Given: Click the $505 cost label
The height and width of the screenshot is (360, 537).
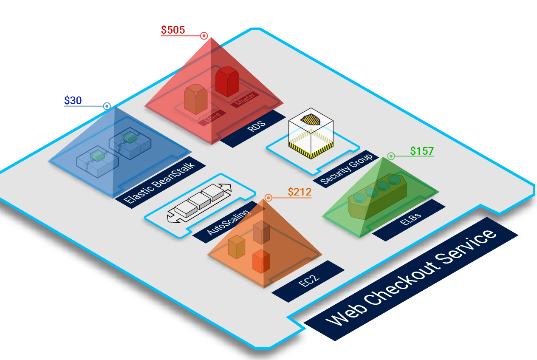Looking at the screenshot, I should click(x=173, y=30).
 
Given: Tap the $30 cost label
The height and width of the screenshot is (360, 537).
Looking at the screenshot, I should click(x=73, y=101).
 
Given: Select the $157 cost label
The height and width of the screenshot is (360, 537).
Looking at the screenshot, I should click(x=422, y=151).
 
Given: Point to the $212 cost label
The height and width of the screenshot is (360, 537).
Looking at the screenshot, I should click(x=300, y=192).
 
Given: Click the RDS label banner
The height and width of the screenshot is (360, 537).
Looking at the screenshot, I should click(x=253, y=129).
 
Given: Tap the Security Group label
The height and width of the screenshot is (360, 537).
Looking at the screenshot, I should click(x=347, y=169).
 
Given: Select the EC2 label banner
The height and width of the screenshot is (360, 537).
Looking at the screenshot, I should click(x=308, y=281).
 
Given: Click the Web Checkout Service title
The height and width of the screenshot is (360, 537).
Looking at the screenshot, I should click(x=411, y=279).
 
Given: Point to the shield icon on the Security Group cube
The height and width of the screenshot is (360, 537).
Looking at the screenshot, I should click(x=311, y=119).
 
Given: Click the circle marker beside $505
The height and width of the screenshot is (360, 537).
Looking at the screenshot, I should click(x=204, y=36).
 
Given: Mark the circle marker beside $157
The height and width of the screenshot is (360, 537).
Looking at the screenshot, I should click(x=391, y=156).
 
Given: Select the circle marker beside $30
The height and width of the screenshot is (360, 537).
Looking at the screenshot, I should click(x=107, y=106).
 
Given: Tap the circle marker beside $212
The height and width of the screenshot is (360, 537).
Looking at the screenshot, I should click(x=268, y=198).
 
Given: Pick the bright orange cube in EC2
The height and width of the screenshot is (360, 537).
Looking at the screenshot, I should click(x=261, y=261).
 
